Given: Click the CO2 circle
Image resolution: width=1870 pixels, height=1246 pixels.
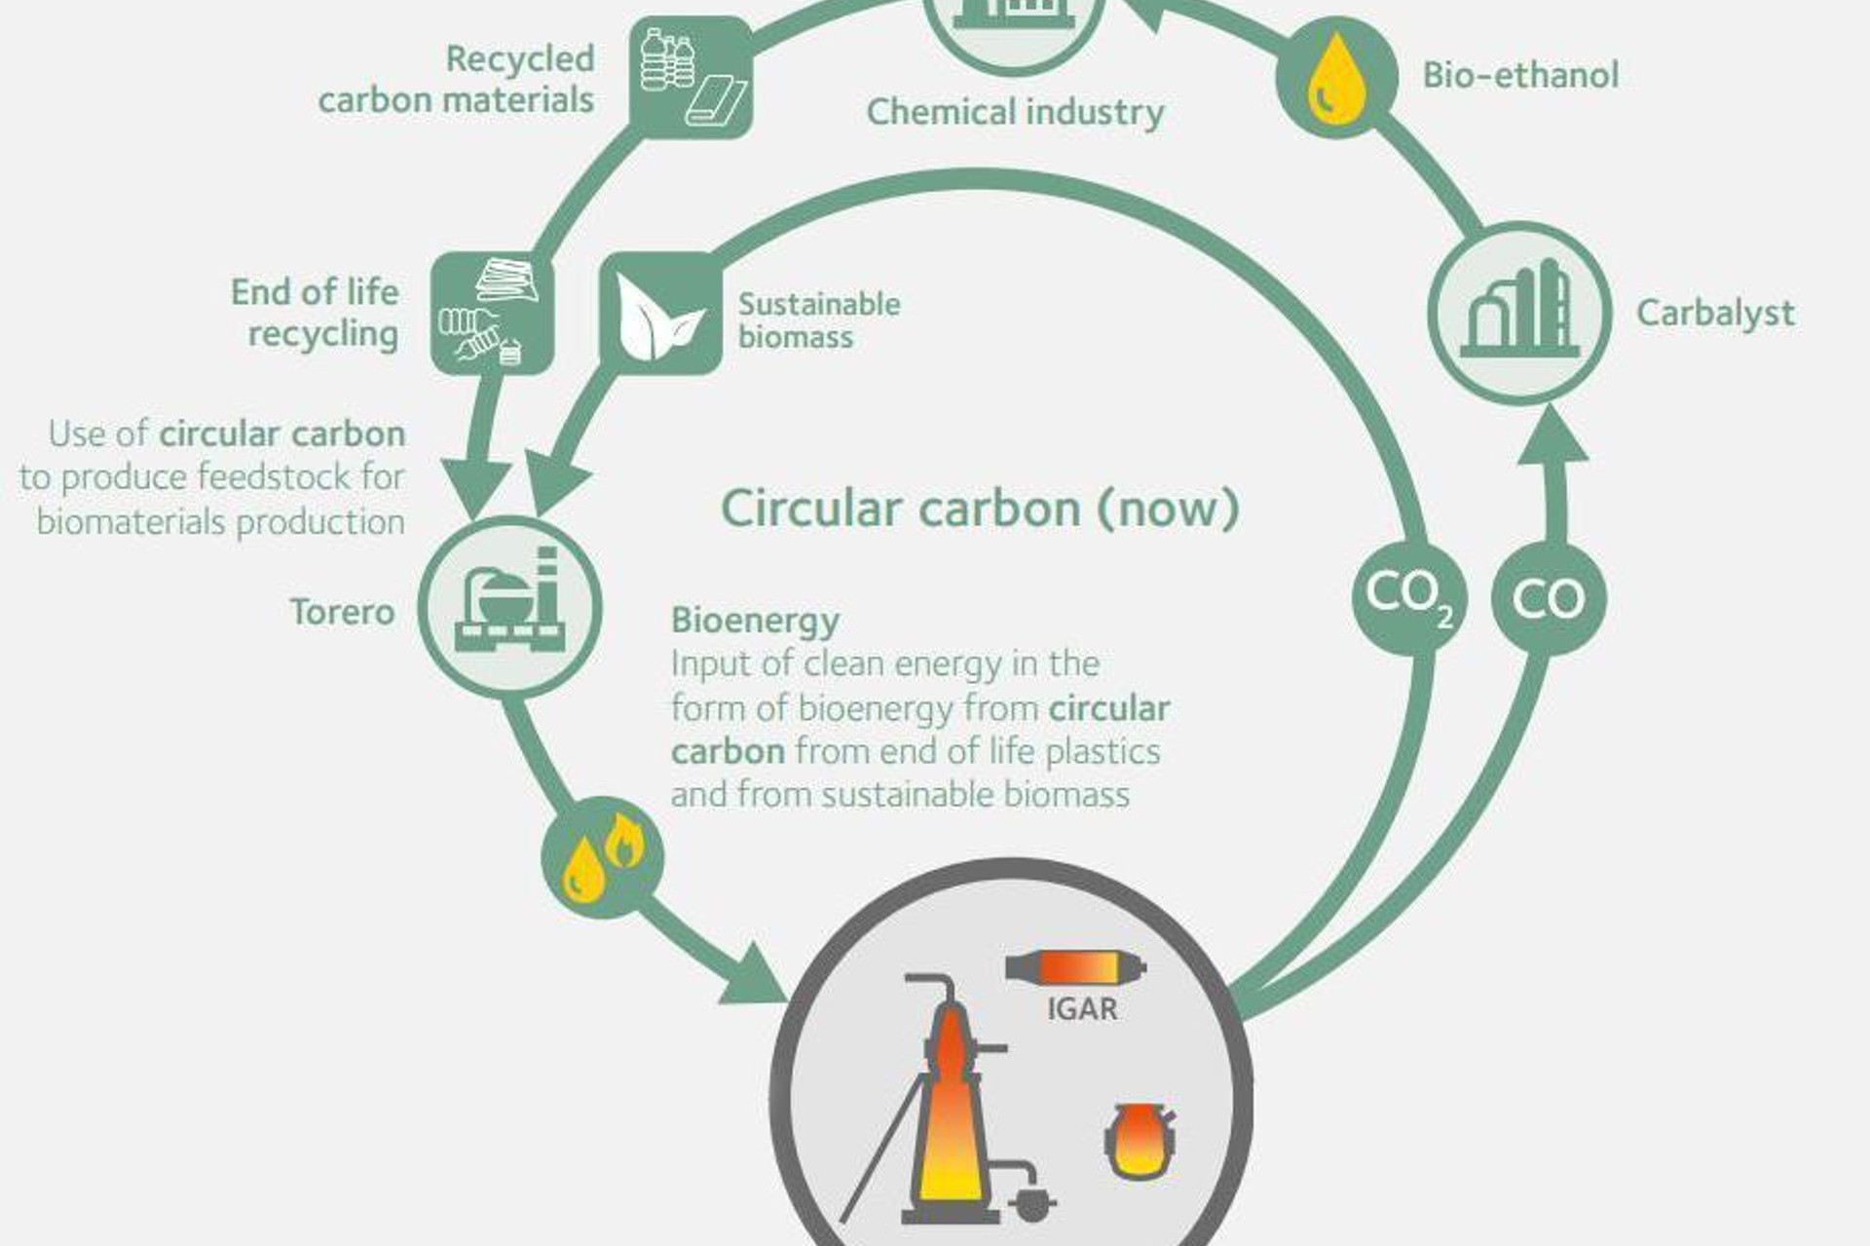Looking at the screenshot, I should [x=1409, y=597].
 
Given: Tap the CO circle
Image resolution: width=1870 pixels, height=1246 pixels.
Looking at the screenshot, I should [x=1549, y=598].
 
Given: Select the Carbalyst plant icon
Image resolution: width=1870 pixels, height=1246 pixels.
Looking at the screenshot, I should [x=1519, y=313].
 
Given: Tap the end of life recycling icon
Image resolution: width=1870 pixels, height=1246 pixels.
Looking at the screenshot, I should [x=493, y=313].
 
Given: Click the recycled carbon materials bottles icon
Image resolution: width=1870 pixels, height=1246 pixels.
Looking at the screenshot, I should [x=691, y=77].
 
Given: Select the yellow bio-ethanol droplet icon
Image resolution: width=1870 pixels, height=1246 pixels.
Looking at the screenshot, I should [x=1336, y=78].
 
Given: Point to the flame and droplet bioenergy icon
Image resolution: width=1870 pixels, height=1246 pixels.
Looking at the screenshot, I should [x=603, y=858].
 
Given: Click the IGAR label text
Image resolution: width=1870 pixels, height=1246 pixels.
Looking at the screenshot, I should [x=1082, y=1008].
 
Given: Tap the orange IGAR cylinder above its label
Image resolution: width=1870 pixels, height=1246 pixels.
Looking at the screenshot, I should [x=1075, y=967].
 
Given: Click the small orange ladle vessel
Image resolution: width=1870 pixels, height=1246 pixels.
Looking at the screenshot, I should [x=1139, y=1139].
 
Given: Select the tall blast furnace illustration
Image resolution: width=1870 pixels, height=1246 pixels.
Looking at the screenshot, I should [x=950, y=1111].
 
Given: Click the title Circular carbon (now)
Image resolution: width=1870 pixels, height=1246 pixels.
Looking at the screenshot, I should [x=980, y=509].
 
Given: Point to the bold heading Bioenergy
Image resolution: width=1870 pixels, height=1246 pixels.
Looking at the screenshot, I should [x=755, y=620].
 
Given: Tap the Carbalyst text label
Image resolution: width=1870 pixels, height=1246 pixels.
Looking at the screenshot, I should [x=1714, y=313].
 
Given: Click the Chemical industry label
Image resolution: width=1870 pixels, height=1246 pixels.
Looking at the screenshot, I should [x=1015, y=112].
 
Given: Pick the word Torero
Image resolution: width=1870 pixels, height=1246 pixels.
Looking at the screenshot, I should [x=342, y=612].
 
